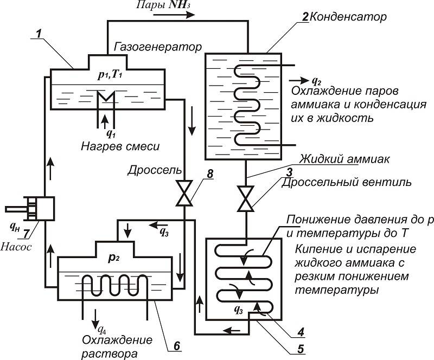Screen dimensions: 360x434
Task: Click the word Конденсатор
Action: click(348, 17)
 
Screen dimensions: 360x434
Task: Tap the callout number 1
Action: click(37, 34)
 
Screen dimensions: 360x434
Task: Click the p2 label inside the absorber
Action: click(112, 257)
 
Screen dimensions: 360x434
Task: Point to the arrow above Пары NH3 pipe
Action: click(174, 16)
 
